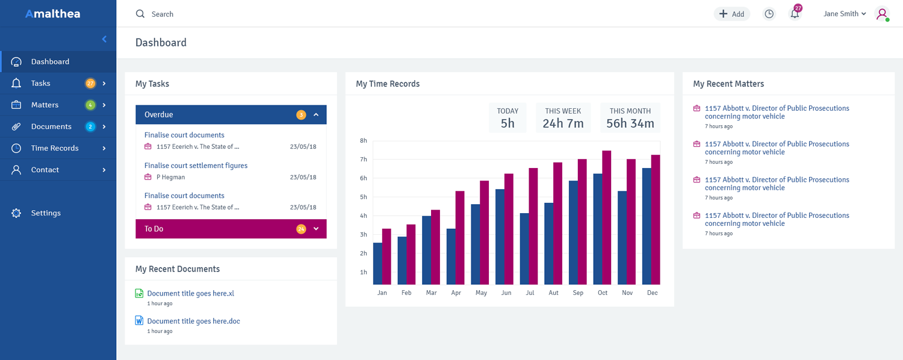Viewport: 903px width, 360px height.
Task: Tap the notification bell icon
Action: (x=795, y=14)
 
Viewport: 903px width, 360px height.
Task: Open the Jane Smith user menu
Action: (x=844, y=14)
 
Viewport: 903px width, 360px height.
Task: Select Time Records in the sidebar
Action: (x=55, y=148)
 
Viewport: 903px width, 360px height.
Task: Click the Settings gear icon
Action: (x=16, y=213)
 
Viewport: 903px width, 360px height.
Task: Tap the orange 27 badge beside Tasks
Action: (x=90, y=84)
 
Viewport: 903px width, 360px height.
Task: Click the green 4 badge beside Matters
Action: (x=90, y=105)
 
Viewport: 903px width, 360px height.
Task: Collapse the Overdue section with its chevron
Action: (x=316, y=114)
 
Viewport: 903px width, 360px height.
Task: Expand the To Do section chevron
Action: (x=316, y=229)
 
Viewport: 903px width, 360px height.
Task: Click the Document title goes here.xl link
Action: (x=190, y=294)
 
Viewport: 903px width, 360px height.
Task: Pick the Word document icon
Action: (x=139, y=321)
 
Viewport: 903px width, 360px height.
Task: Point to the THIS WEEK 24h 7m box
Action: (x=563, y=118)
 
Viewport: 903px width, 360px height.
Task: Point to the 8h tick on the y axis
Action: (x=363, y=141)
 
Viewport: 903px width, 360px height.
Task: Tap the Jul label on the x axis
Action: (x=530, y=293)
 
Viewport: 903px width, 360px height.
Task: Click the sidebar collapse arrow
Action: (x=104, y=39)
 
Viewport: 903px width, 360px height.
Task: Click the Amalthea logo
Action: (x=52, y=14)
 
